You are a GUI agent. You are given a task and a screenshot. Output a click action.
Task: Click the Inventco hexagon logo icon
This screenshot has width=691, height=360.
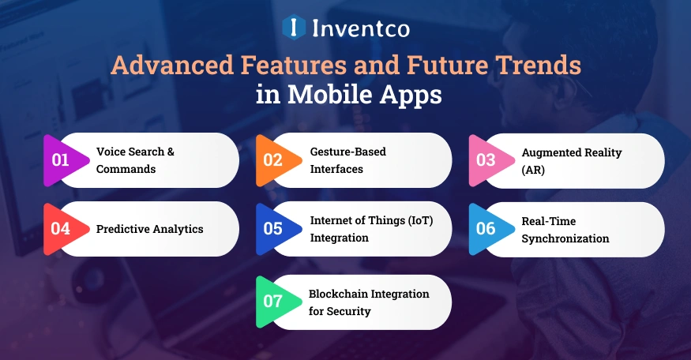tap(294, 28)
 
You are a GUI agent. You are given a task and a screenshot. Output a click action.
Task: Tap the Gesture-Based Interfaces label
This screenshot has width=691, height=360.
tap(347, 160)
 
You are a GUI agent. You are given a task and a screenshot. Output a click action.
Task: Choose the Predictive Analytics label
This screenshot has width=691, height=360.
tap(150, 229)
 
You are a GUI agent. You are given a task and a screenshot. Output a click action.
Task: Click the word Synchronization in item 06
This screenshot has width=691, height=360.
tap(565, 238)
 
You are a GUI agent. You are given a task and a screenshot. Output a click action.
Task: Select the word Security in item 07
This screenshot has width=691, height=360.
tap(349, 311)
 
